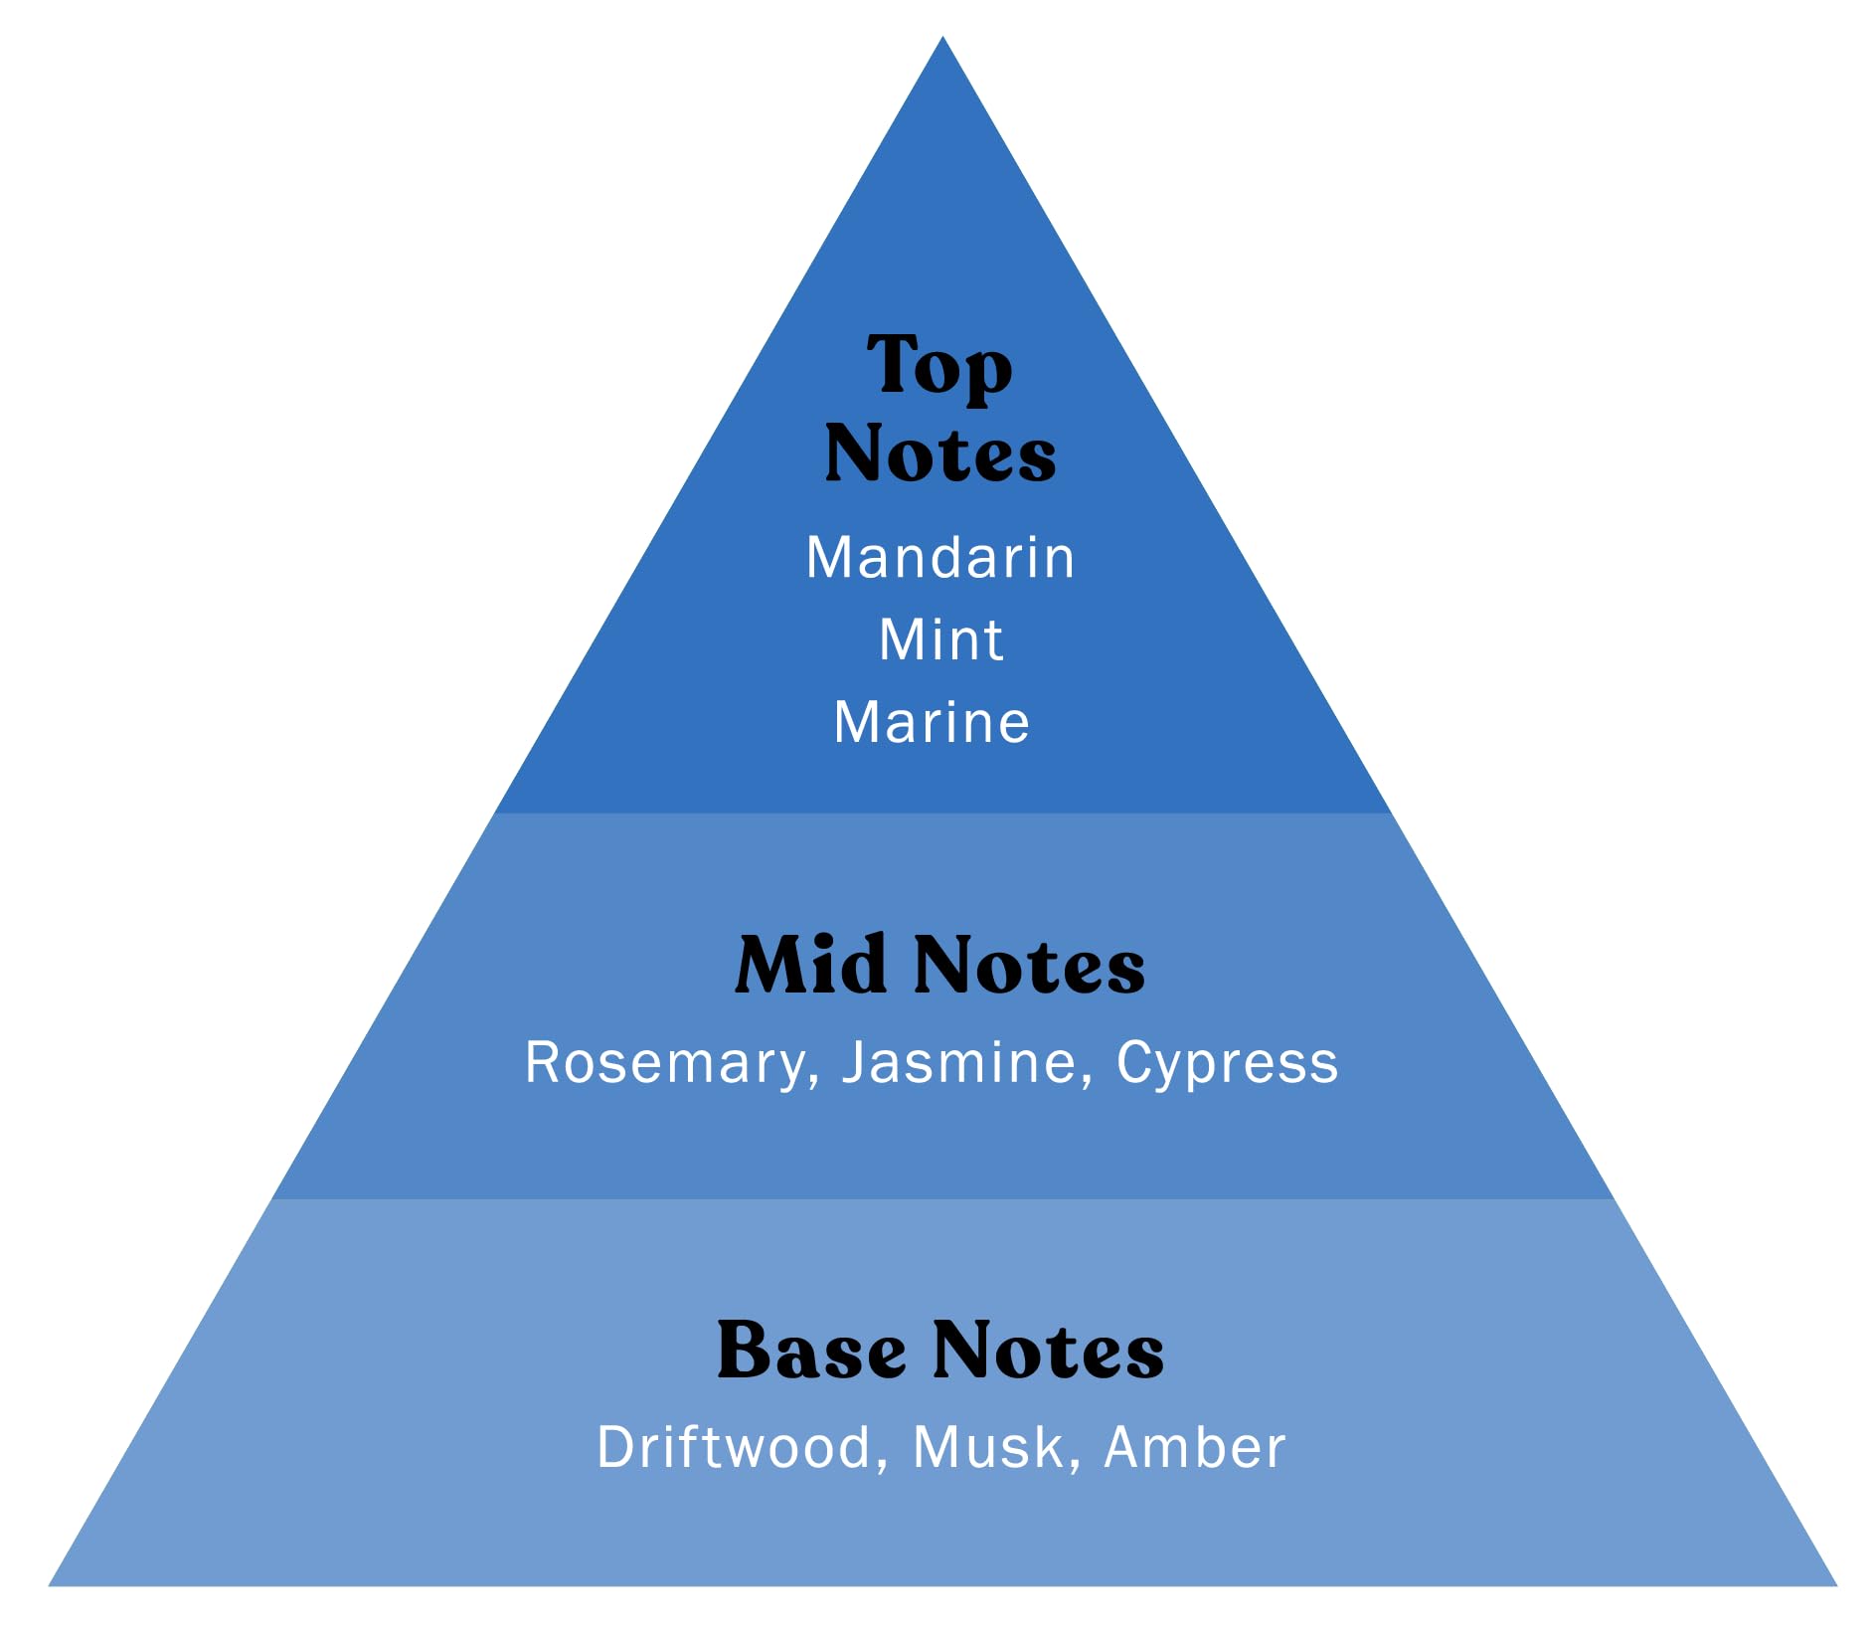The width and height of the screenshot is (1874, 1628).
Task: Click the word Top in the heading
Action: point(939,367)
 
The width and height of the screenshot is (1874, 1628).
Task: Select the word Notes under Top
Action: point(939,453)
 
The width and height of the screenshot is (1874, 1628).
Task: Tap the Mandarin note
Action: point(939,557)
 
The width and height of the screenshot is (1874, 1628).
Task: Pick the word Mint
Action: point(940,639)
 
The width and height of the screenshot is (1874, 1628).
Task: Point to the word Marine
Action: point(932,722)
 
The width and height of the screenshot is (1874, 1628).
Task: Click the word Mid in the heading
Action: point(810,965)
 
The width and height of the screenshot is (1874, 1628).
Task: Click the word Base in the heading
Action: point(811,1351)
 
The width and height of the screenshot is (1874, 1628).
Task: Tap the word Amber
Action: point(1195,1447)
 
